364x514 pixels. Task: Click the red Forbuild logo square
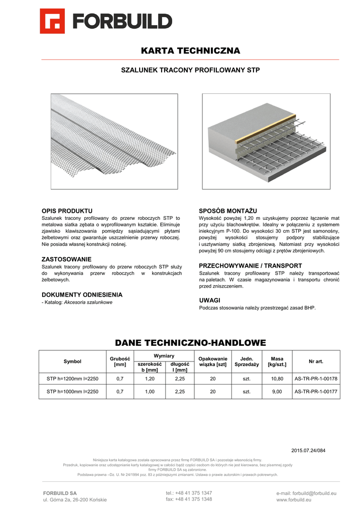point(52,21)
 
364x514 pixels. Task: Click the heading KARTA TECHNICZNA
point(190,51)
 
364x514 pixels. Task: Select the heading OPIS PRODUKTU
point(67,210)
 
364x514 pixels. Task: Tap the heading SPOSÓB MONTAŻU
point(228,210)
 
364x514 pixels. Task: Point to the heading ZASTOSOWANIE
point(66,259)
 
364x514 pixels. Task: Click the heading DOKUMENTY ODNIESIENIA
point(82,295)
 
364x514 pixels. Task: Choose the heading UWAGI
point(210,300)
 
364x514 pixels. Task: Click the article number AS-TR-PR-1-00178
point(316,379)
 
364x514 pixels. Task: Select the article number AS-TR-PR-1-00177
point(316,392)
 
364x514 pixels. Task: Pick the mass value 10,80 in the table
point(277,379)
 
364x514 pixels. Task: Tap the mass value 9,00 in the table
point(277,392)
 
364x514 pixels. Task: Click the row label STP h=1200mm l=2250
point(72,379)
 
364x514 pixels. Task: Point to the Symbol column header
point(72,361)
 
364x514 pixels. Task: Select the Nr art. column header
point(316,361)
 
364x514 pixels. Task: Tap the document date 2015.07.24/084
point(308,450)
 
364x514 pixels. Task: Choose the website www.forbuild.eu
point(294,500)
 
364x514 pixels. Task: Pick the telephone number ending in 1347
point(189,493)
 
